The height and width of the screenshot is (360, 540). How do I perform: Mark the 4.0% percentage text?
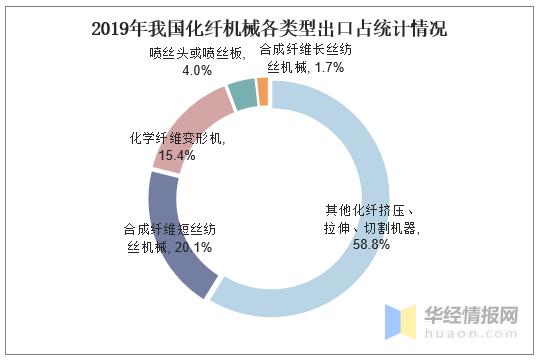click(197, 71)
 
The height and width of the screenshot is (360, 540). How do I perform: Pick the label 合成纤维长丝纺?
click(305, 50)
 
